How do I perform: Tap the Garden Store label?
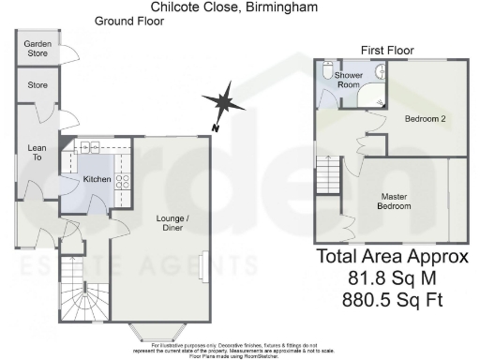pos(37,49)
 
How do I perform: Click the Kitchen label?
pos(97,179)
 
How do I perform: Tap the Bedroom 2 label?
pos(425,120)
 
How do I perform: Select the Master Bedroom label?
pos(395,201)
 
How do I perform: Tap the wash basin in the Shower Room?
pos(381,73)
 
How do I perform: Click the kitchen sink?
pos(91,148)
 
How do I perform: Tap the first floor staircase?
pos(326,174)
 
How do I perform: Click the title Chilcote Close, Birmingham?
pos(233,7)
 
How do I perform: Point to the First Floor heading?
pos(387,50)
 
